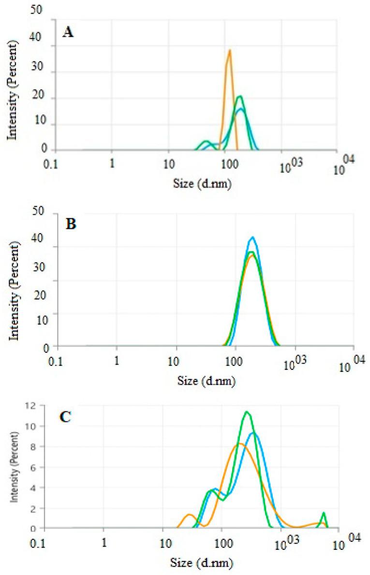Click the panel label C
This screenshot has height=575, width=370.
click(x=66, y=417)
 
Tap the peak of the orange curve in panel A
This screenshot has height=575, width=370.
click(x=230, y=50)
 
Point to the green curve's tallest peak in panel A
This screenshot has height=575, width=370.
click(x=239, y=96)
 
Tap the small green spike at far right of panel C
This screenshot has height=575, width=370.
click(x=324, y=513)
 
